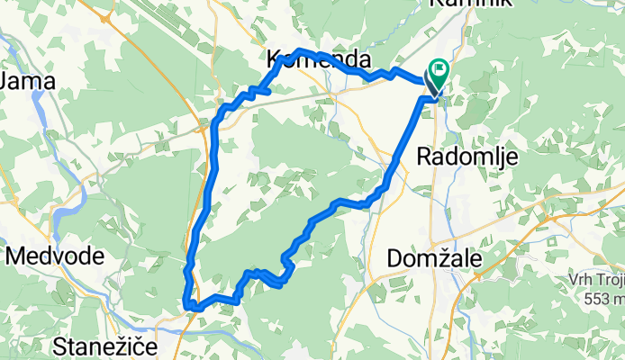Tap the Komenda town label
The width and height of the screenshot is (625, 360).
320,59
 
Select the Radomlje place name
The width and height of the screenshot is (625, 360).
467,157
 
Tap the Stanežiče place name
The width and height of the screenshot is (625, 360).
106,346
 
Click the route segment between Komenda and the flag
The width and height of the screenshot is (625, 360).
378,75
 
